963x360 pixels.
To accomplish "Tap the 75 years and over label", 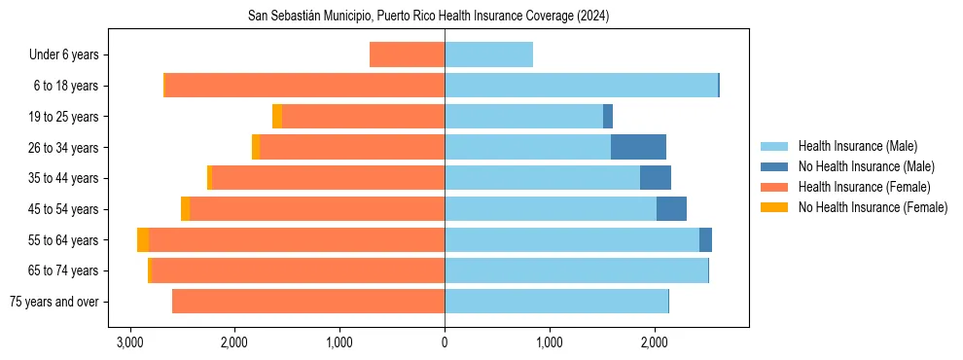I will (x=53, y=302).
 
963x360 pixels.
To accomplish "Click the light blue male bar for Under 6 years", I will (x=488, y=54).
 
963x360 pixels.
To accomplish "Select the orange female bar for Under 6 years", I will (x=407, y=54).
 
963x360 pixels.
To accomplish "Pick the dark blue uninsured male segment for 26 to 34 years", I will (x=638, y=147).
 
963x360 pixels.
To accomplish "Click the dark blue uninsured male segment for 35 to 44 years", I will (x=656, y=178).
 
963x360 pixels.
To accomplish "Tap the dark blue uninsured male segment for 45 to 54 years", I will (x=671, y=209).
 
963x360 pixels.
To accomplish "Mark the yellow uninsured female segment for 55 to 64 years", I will (x=143, y=239).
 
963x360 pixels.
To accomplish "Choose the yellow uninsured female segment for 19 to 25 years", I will (x=277, y=117).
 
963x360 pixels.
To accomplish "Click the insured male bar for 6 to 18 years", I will (x=581, y=86).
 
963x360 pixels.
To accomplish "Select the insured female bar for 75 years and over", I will (x=308, y=302).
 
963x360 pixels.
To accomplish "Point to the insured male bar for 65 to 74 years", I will (x=576, y=270).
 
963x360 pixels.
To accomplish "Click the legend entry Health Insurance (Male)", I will (x=857, y=146).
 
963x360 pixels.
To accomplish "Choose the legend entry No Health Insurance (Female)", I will (x=873, y=207).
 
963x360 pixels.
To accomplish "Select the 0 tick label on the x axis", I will (x=445, y=343).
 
